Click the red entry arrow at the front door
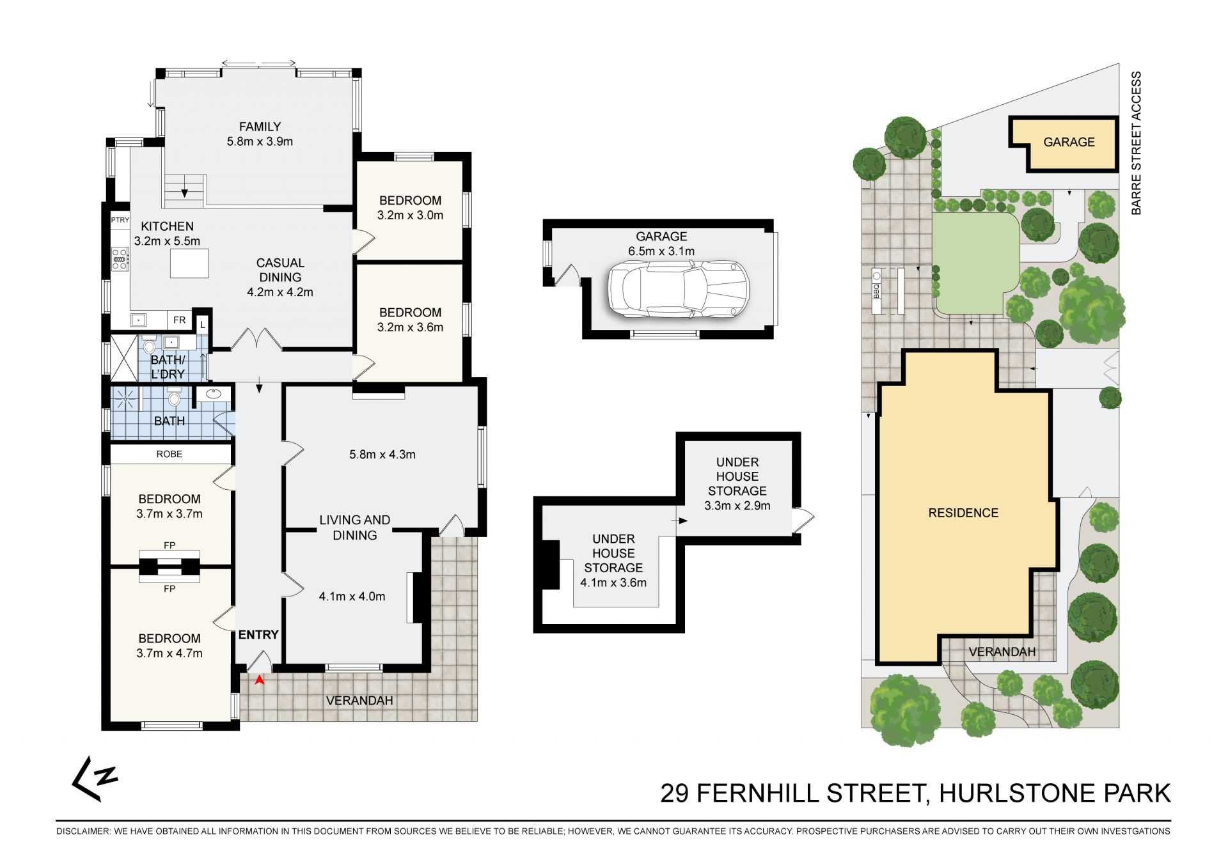point(259,680)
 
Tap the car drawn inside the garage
point(678,289)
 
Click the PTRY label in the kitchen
point(120,220)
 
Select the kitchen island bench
point(189,263)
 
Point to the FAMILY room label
point(260,127)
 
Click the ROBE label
point(169,454)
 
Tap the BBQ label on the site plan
point(876,291)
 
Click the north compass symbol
point(94,778)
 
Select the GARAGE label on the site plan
point(1069,142)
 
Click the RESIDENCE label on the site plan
point(963,513)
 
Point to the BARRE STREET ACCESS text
point(1136,143)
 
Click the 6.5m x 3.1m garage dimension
point(661,251)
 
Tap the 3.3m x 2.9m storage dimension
point(737,506)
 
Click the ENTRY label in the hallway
point(258,635)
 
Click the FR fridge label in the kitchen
point(180,320)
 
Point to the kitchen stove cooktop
point(120,259)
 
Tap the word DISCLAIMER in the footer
point(83,831)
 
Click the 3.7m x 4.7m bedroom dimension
point(169,653)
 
